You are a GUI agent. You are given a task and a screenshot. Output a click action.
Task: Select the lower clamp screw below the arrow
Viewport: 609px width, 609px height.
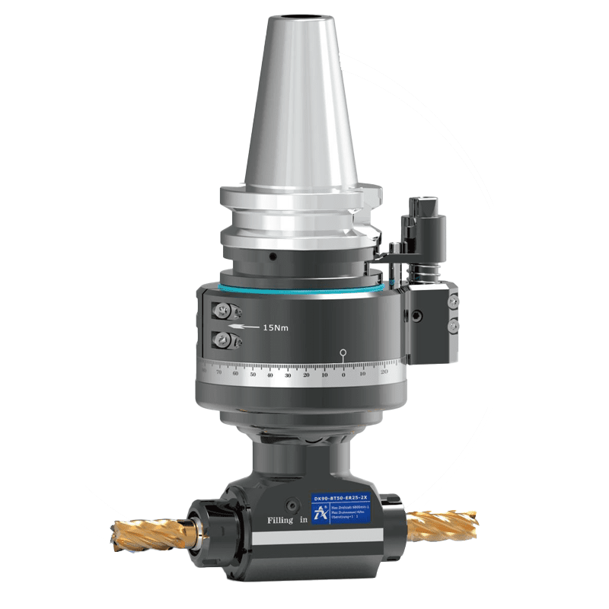(x=223, y=340)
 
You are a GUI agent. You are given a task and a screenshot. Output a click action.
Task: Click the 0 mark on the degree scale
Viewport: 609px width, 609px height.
(x=343, y=375)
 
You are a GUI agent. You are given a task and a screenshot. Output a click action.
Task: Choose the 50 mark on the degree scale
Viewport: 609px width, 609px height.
(x=253, y=375)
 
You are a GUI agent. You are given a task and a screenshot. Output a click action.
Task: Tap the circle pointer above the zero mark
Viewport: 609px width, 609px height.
(x=343, y=352)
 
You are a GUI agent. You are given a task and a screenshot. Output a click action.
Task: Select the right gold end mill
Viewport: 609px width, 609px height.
(x=441, y=525)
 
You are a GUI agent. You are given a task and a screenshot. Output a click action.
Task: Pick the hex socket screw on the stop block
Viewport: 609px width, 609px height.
(x=416, y=315)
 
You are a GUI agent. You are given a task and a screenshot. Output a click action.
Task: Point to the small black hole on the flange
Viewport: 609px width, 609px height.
(x=271, y=257)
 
